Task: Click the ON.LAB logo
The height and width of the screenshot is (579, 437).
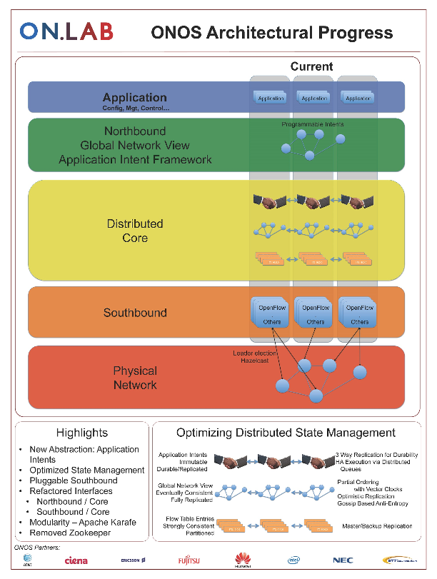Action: tap(66, 31)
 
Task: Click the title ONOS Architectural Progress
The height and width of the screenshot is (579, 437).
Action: tap(271, 32)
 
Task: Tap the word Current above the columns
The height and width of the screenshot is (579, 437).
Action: tap(311, 66)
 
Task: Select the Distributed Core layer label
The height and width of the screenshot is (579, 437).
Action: tap(135, 231)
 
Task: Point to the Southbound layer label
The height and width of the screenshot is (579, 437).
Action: tap(135, 313)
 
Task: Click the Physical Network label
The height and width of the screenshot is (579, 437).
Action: tap(135, 378)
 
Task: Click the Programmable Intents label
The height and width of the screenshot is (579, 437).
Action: tap(312, 124)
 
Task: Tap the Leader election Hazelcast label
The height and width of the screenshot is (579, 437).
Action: tap(249, 358)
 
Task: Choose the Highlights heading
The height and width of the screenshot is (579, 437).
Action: tap(82, 433)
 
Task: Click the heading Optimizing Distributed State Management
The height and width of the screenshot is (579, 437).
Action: tap(286, 433)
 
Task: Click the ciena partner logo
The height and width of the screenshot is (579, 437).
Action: tap(76, 561)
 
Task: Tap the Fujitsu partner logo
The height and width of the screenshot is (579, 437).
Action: tap(191, 561)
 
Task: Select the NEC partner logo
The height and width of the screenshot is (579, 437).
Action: tap(343, 561)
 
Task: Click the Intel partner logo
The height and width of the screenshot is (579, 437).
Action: tap(293, 561)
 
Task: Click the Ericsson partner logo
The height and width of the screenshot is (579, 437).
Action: tap(133, 561)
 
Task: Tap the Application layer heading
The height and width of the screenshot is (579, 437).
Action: tap(135, 98)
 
